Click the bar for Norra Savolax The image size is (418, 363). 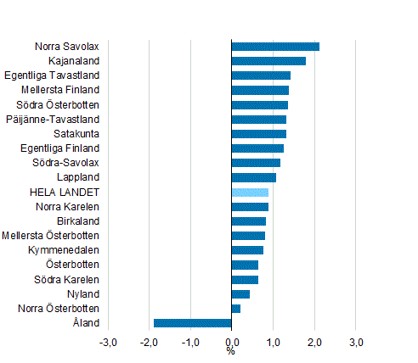pos(275,47)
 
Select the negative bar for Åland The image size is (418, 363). pos(193,323)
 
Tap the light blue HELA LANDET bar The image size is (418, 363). pos(250,193)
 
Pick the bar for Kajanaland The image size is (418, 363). pos(268,61)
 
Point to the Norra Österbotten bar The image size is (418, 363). pos(236,309)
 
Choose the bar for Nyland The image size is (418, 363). pos(240,294)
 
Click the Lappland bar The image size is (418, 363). pos(254,177)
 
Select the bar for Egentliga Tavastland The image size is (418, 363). pos(261,75)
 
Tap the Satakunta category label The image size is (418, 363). pos(76,134)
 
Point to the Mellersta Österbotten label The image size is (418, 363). pos(51,236)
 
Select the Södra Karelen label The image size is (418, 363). pos(67,280)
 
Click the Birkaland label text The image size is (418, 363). pos(79,221)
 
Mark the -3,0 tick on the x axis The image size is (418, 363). pos(108,343)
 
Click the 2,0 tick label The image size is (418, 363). pos(314,343)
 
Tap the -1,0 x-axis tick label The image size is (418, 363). pos(190,343)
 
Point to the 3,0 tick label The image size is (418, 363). pos(356,343)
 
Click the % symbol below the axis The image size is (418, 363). pos(231,351)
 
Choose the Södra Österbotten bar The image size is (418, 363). pos(260,105)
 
